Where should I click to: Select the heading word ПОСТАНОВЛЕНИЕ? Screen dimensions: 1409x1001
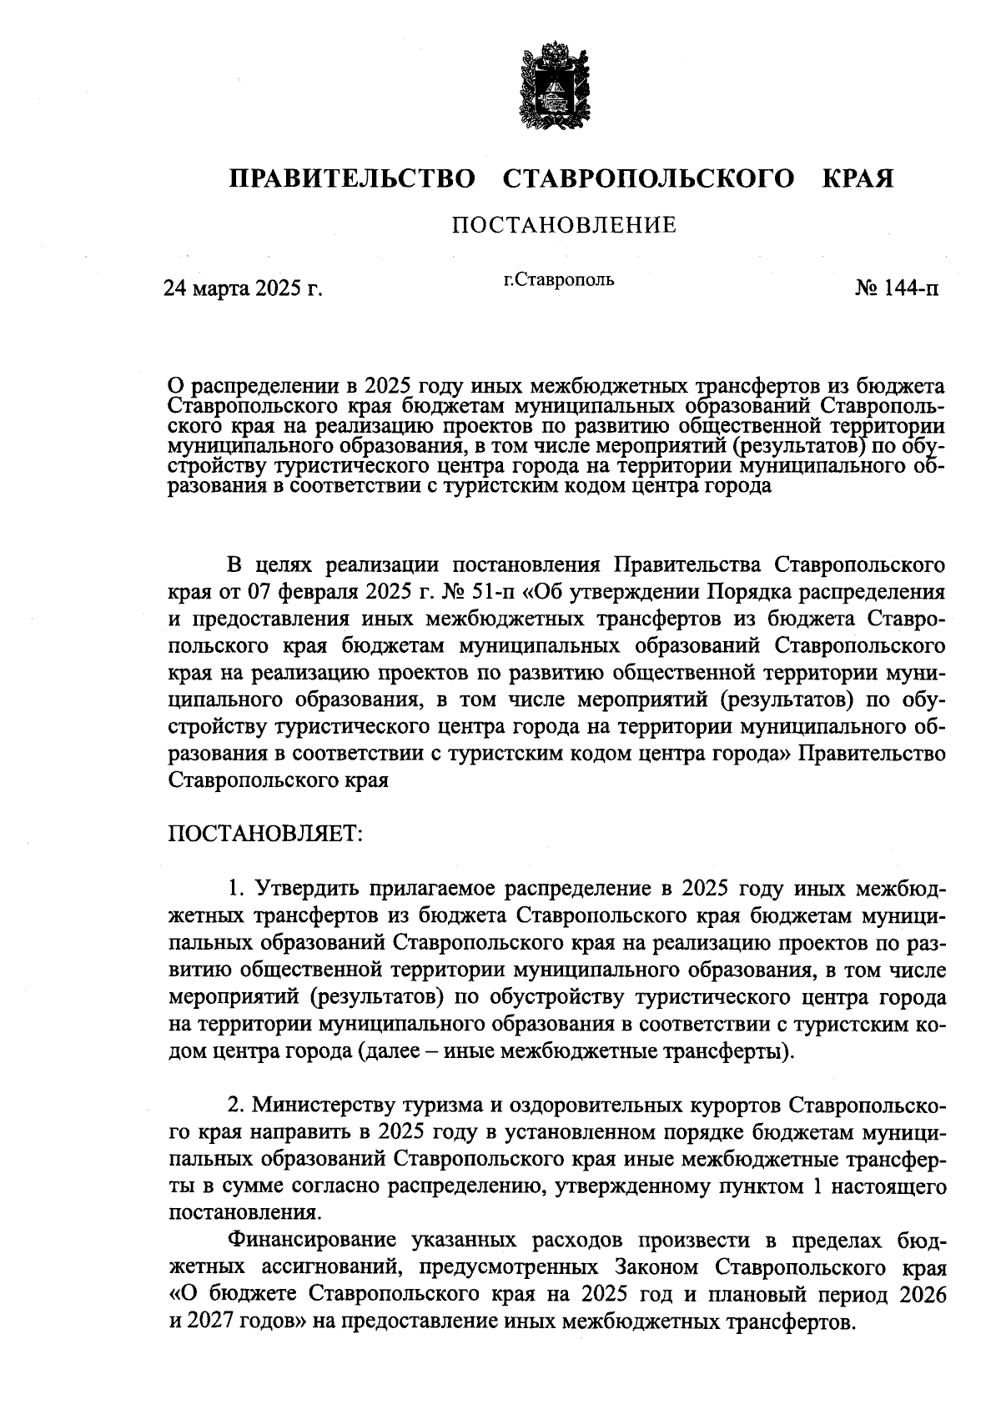[564, 225]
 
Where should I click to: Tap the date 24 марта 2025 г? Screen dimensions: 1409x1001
[243, 288]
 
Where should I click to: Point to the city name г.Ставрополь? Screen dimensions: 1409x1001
[558, 279]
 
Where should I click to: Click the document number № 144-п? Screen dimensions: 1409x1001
[895, 288]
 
